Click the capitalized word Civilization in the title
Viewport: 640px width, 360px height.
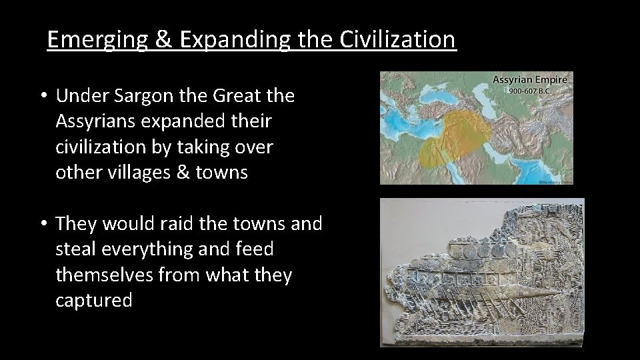[398, 40]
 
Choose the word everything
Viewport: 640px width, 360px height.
[155, 249]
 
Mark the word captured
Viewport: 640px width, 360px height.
[94, 300]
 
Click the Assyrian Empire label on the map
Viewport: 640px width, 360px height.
[529, 80]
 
